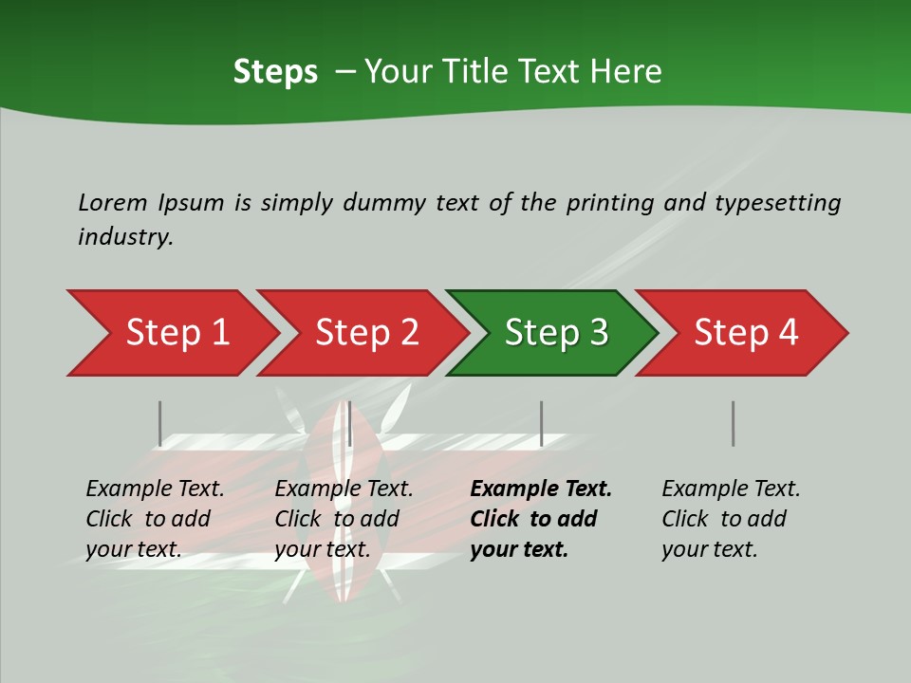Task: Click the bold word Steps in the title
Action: (x=275, y=72)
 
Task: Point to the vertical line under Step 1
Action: (x=160, y=423)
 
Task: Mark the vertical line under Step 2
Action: (x=350, y=423)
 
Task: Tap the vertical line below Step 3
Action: (x=541, y=423)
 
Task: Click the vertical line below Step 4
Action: (x=733, y=423)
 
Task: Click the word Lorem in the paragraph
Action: (x=112, y=203)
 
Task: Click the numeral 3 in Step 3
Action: (x=597, y=333)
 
